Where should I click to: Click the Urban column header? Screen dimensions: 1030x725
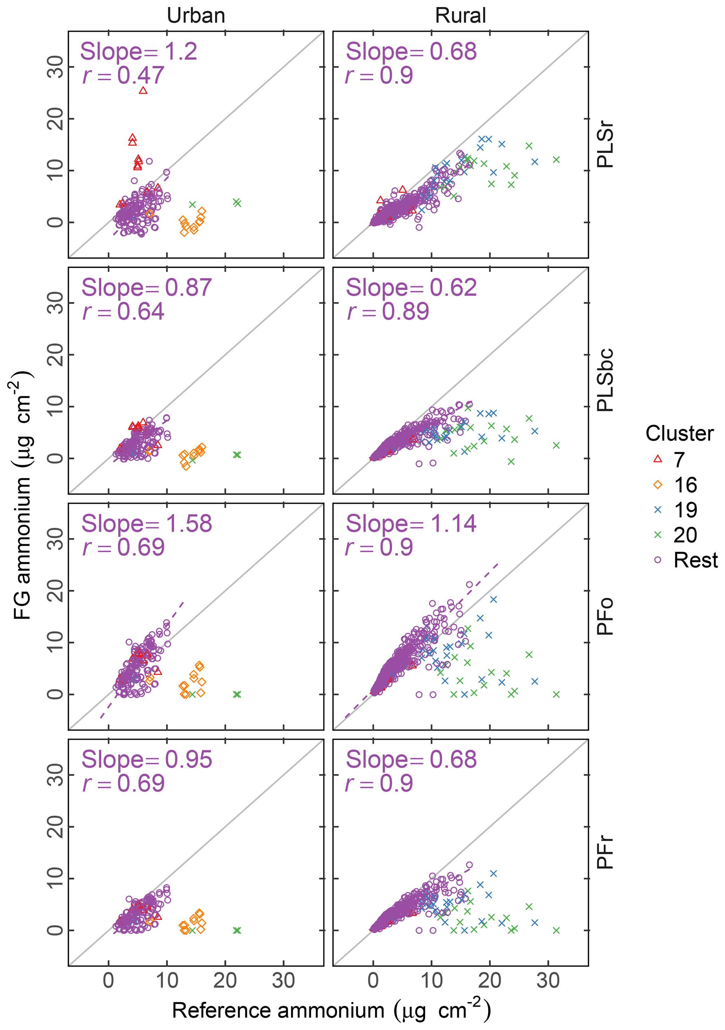pyautogui.click(x=196, y=16)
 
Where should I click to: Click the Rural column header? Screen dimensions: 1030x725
pyautogui.click(x=460, y=16)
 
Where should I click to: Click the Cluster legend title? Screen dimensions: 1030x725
pyautogui.click(x=679, y=434)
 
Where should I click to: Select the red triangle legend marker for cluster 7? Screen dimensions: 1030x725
pyautogui.click(x=658, y=459)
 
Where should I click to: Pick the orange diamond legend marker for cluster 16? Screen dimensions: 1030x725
pyautogui.click(x=658, y=485)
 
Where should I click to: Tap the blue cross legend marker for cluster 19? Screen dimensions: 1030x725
pyautogui.click(x=658, y=510)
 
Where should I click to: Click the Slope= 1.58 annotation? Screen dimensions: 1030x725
pyautogui.click(x=146, y=524)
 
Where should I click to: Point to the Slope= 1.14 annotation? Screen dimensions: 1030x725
pyautogui.click(x=411, y=524)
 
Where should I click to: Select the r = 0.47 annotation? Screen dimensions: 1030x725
pyautogui.click(x=123, y=75)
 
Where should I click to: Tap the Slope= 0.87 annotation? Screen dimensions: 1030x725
pyautogui.click(x=146, y=288)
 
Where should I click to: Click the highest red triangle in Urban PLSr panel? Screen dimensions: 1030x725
pyautogui.click(x=143, y=90)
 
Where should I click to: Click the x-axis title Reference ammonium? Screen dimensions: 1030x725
pyautogui.click(x=331, y=1010)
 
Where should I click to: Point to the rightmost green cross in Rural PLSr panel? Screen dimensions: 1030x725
pyautogui.click(x=556, y=160)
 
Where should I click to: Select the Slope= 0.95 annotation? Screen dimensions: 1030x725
pyautogui.click(x=146, y=760)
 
